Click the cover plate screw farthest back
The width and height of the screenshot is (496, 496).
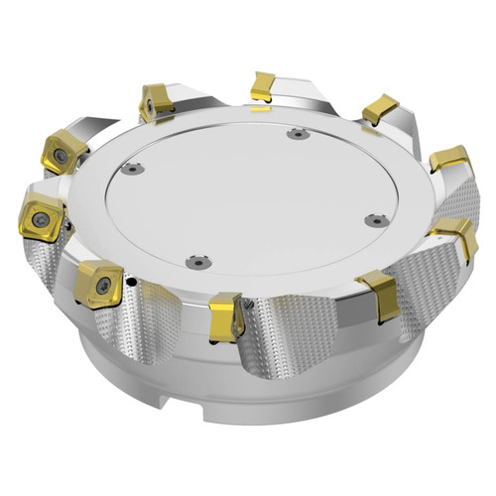coord(295,135)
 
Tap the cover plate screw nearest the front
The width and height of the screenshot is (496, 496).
coord(193,263)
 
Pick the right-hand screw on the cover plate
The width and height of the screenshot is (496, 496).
coord(372,220)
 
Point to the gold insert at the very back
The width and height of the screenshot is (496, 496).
coord(262,86)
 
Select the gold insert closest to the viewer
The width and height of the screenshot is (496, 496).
coord(227,315)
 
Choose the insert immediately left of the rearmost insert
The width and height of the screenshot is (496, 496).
coord(155,103)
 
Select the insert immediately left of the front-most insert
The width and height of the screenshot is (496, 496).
coord(99,284)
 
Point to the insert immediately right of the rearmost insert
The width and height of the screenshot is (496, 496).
coord(380,108)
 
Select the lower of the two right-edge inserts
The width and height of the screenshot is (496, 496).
coord(455,236)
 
